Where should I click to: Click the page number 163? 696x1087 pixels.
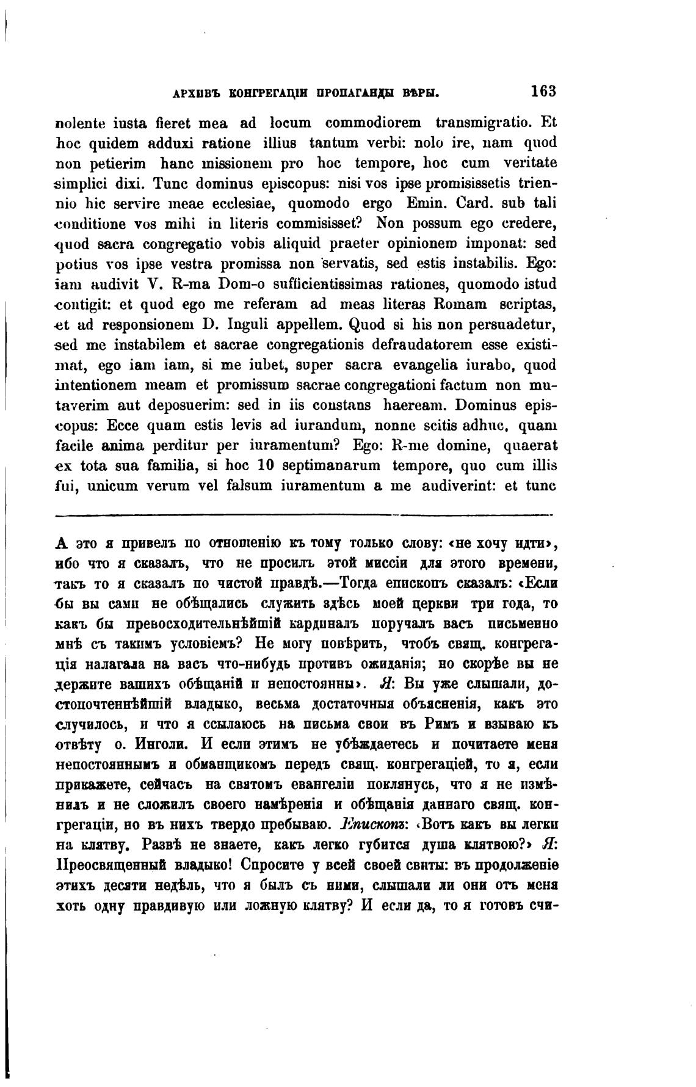[x=543, y=92]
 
